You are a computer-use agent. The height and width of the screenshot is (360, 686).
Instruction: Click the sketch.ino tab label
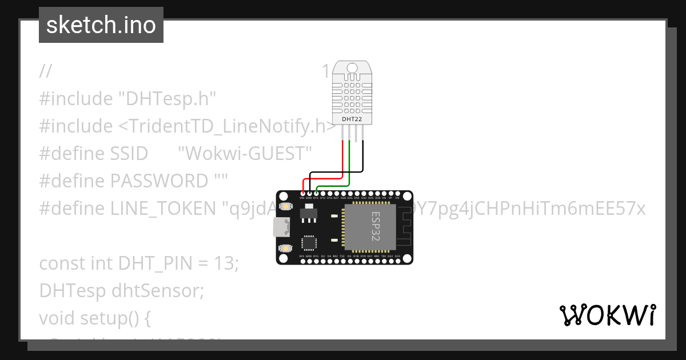[x=101, y=26]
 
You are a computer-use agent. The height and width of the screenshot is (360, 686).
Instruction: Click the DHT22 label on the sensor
[x=352, y=119]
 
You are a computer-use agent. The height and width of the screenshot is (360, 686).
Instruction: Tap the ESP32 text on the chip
[x=376, y=226]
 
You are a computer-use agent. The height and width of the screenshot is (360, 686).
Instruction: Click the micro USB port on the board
[x=280, y=227]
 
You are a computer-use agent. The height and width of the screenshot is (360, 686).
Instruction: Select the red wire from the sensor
[x=342, y=157]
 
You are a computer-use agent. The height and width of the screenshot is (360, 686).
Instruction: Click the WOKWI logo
[x=607, y=315]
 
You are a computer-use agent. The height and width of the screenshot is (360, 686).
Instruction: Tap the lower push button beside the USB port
[x=285, y=248]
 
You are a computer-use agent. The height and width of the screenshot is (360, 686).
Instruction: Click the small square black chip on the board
[x=309, y=242]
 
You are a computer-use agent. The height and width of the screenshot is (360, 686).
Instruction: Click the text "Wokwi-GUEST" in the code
[x=245, y=154]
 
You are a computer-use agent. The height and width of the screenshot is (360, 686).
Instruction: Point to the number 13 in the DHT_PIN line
[x=226, y=263]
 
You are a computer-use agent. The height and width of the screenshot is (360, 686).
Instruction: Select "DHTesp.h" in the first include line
[x=167, y=99]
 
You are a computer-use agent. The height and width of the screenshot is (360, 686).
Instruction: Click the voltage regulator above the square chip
[x=307, y=213]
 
